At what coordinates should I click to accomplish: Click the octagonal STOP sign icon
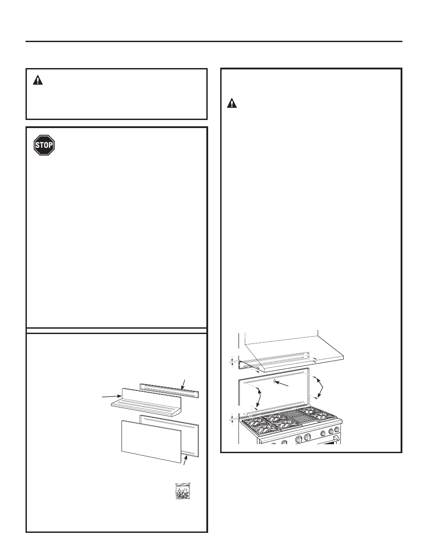(x=44, y=145)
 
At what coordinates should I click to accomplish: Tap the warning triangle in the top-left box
(x=38, y=80)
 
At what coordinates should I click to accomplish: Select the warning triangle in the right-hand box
(x=232, y=103)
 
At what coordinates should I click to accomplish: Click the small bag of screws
(x=183, y=491)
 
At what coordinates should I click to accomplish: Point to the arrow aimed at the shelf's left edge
(x=111, y=396)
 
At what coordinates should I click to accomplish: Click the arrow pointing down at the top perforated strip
(x=183, y=385)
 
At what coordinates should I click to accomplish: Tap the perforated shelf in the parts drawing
(x=146, y=403)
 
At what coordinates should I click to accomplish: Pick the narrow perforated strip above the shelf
(x=169, y=390)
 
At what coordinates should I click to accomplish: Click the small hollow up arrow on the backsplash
(x=274, y=381)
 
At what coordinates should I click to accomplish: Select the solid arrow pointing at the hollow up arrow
(x=282, y=384)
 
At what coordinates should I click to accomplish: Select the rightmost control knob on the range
(x=337, y=430)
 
